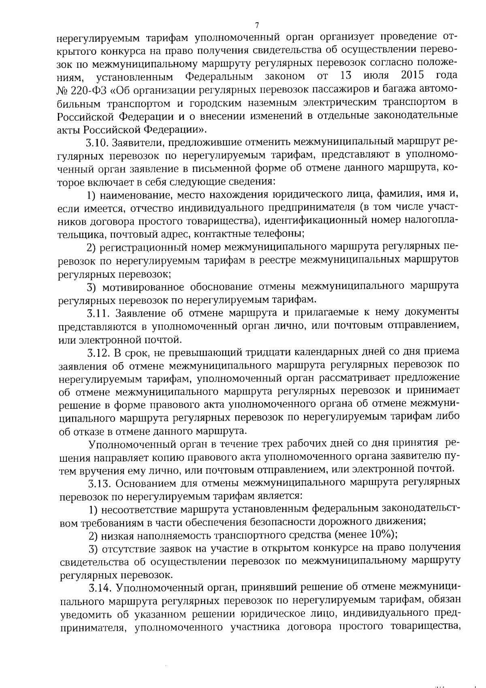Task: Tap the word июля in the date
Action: coord(377,76)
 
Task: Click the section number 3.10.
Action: coord(97,143)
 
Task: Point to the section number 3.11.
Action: coord(98,313)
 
